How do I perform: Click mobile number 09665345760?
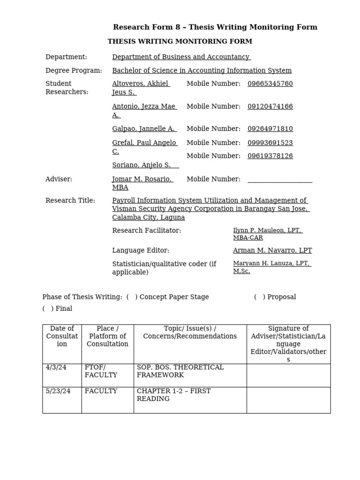[x=270, y=84]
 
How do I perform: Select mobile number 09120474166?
[x=270, y=106]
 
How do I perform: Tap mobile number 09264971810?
[x=270, y=129]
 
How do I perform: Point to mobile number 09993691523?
[x=270, y=143]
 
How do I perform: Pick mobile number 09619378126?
[x=270, y=156]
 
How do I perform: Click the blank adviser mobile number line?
[x=279, y=180]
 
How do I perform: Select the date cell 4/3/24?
[x=56, y=367]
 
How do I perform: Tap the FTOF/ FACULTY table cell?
[x=101, y=371]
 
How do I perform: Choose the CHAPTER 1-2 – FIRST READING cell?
[x=174, y=395]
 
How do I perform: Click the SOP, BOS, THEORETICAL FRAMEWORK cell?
[x=180, y=371]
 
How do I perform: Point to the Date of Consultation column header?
[x=62, y=336]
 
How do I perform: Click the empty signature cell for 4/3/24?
[x=288, y=375]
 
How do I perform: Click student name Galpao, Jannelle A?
[x=144, y=129]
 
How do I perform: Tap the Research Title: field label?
[x=70, y=201]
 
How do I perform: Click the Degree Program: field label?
[x=74, y=71]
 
